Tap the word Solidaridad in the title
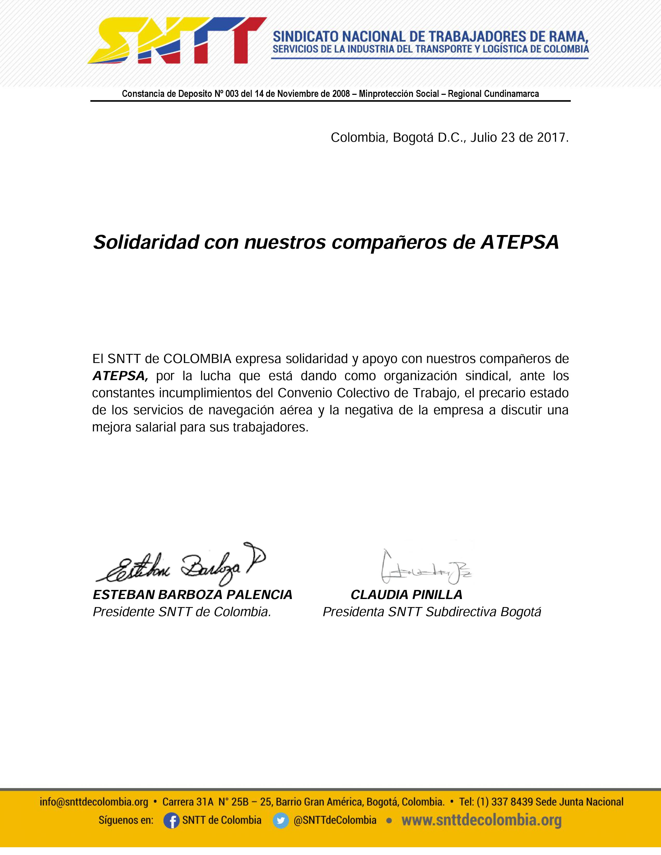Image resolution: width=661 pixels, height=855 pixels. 146,242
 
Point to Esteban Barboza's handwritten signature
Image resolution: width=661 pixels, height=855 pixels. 180,564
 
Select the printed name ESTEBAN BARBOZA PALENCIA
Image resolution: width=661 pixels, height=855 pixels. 192,595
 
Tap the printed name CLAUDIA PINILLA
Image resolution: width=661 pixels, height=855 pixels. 406,595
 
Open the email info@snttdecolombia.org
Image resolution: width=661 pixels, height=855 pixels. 94,802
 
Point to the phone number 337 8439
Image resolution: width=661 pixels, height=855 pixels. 510,802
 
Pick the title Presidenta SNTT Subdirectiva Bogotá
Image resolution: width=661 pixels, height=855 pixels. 432,612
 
